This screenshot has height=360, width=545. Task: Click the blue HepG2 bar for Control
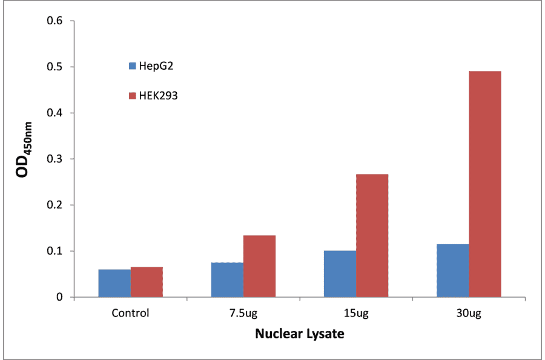[x=114, y=283]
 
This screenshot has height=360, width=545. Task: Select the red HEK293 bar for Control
[x=147, y=282]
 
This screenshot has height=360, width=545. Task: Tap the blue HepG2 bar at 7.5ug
[x=227, y=279]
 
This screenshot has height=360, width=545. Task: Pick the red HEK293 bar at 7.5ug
[x=259, y=266]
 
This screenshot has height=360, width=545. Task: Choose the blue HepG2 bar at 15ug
[x=340, y=273]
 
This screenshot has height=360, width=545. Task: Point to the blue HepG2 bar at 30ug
[x=452, y=270]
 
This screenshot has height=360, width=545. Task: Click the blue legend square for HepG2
[x=131, y=65]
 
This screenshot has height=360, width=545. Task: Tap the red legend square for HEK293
[x=131, y=95]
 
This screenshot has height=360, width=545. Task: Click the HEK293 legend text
[x=158, y=95]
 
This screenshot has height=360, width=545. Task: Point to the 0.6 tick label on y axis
[x=56, y=21]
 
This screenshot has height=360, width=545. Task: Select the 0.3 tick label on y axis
[x=56, y=159]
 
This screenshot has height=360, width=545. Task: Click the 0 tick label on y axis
[x=60, y=297]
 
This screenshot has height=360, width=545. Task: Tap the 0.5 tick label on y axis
[x=56, y=67]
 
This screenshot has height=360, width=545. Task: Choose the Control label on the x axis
[x=130, y=313]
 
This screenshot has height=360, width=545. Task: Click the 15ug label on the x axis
[x=355, y=313]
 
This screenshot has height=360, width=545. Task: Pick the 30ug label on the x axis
[x=469, y=313]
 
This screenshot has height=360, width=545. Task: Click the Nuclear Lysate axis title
[x=299, y=334]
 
